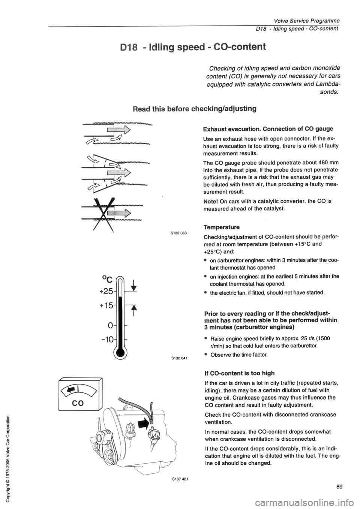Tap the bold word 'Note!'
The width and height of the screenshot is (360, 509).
click(x=211, y=201)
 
